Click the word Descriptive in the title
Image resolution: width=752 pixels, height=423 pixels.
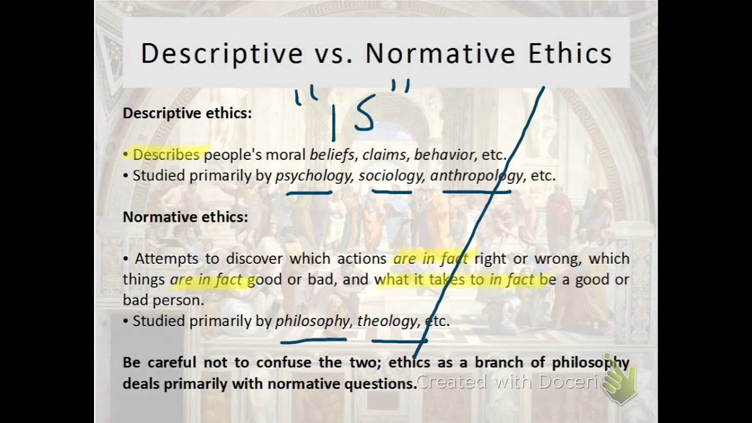click(x=221, y=53)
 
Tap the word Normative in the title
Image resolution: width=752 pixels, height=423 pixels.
click(x=439, y=53)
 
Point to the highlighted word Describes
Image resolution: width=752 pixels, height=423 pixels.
click(x=166, y=155)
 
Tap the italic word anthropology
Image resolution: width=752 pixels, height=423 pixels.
click(x=476, y=176)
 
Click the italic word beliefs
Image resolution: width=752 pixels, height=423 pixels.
click(x=332, y=155)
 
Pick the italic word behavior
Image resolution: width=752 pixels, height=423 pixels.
click(x=444, y=155)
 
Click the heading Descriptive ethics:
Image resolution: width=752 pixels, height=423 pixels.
click(x=187, y=113)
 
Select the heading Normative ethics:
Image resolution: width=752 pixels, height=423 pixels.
click(x=185, y=217)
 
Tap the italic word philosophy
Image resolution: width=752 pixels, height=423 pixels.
click(x=312, y=321)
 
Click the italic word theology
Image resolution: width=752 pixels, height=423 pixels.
click(x=387, y=321)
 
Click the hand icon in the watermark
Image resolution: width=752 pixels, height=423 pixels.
click(x=619, y=385)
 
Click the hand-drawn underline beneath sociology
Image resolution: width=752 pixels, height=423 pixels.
click(x=391, y=190)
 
